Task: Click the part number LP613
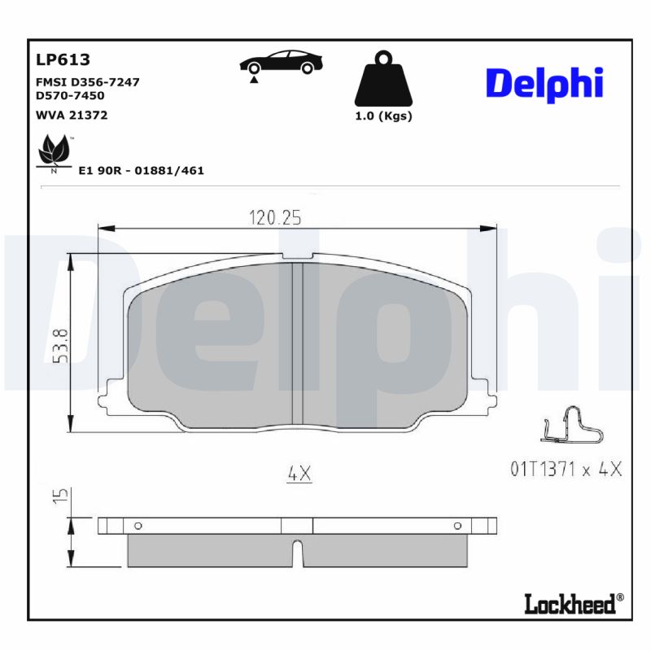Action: click(x=62, y=60)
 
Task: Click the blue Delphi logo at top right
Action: click(x=544, y=85)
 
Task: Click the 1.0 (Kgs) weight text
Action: click(x=383, y=116)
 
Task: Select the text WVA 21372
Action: click(x=72, y=115)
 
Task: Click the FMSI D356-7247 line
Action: click(x=88, y=82)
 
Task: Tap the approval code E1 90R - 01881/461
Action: click(x=141, y=171)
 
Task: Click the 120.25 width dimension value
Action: click(x=275, y=217)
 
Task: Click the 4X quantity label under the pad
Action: click(x=299, y=473)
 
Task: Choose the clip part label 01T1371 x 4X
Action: click(x=566, y=470)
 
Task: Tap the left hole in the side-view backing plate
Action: click(x=137, y=526)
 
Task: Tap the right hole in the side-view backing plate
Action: click(x=457, y=526)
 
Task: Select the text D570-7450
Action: click(x=71, y=95)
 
